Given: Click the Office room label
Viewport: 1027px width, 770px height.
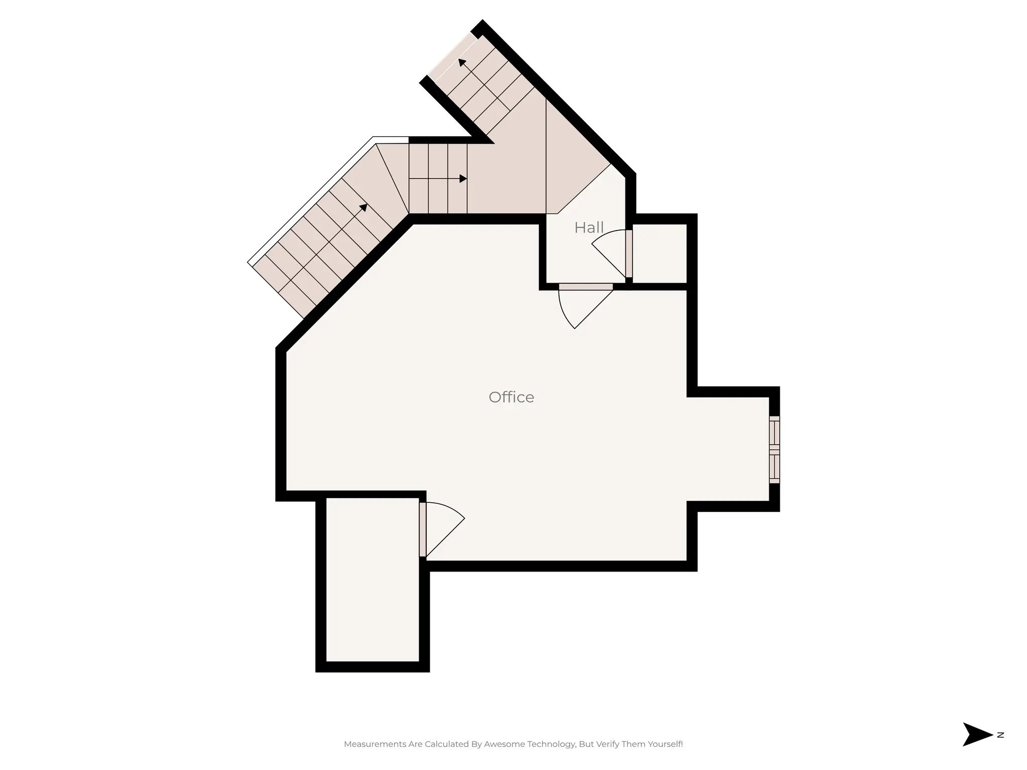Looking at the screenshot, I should [x=511, y=397].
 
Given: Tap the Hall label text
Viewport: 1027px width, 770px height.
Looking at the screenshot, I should [x=589, y=228].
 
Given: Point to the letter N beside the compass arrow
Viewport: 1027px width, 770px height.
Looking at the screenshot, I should [x=1000, y=749].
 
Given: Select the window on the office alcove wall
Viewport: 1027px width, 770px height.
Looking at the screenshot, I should [x=774, y=450].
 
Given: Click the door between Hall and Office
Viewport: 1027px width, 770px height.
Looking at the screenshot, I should [x=585, y=287].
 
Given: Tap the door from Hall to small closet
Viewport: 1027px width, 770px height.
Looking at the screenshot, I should [x=629, y=254].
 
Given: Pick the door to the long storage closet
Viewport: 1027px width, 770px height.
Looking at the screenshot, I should [x=423, y=529].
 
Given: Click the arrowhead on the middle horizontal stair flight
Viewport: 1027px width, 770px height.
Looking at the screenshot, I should [x=463, y=178].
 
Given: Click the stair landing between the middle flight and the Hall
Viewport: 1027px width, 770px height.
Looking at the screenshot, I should [x=506, y=175].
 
